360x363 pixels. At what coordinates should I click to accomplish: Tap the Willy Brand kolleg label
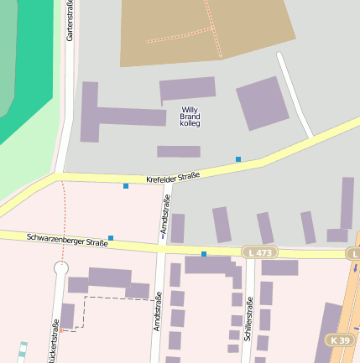(x=191, y=117)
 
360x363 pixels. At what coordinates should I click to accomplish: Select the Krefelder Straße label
(x=173, y=177)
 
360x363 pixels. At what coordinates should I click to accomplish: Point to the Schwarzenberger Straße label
(x=67, y=240)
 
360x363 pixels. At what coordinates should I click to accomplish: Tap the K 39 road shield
(x=340, y=340)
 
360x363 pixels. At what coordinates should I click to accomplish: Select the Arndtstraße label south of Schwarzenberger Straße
(x=158, y=311)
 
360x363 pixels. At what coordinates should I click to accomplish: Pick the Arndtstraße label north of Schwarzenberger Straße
(x=166, y=215)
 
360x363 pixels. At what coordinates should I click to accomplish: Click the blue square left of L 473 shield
(x=204, y=253)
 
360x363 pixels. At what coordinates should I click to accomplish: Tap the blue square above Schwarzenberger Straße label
(x=110, y=238)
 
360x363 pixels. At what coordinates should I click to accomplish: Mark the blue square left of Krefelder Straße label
(x=126, y=185)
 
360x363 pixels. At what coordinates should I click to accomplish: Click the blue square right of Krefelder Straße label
(x=238, y=158)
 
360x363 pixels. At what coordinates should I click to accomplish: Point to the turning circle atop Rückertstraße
(x=61, y=268)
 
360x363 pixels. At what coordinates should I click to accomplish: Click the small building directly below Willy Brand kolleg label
(x=179, y=152)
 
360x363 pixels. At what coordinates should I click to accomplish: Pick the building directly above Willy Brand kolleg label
(x=187, y=89)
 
